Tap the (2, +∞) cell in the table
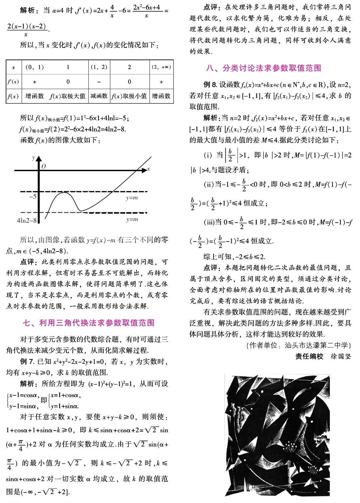click(x=161, y=67)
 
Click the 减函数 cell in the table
click(x=99, y=96)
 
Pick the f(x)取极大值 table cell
click(x=67, y=96)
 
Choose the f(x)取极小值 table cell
click(x=129, y=96)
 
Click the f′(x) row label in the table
click(x=13, y=82)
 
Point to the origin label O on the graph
click(x=44, y=166)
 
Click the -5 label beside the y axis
click(x=33, y=196)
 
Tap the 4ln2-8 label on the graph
click(x=27, y=220)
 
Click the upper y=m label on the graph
click(x=132, y=198)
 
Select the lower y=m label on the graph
click(x=132, y=219)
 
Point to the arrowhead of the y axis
click(x=39, y=158)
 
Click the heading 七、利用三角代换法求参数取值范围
click(x=88, y=323)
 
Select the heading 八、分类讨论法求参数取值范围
click(x=263, y=68)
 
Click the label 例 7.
click(x=27, y=361)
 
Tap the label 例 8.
click(x=210, y=85)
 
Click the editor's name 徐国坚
click(x=341, y=356)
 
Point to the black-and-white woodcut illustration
click(x=277, y=435)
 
